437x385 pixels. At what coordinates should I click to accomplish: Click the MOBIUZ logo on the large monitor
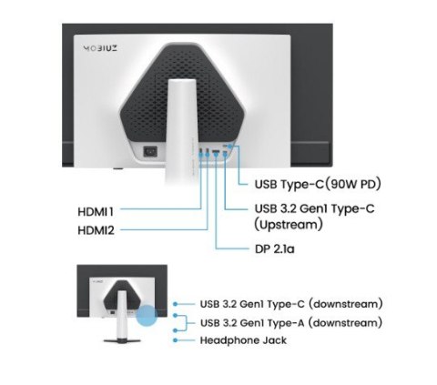(100, 48)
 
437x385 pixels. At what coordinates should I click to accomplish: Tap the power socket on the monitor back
(150, 151)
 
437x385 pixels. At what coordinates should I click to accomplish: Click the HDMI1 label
(96, 211)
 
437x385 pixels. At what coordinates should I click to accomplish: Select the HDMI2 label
(97, 230)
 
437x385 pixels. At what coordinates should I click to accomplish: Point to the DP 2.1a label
(275, 249)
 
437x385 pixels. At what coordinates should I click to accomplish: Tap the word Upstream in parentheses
(288, 225)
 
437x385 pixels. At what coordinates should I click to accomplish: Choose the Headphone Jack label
(243, 340)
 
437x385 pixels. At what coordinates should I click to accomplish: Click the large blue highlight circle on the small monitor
(147, 316)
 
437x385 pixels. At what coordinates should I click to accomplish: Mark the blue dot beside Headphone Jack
(175, 340)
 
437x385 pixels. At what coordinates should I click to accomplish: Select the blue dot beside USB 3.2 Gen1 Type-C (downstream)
(175, 304)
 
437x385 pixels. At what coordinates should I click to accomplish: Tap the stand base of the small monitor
(122, 340)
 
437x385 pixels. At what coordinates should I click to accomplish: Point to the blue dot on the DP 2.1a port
(216, 154)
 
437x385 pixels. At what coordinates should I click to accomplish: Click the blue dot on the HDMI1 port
(200, 154)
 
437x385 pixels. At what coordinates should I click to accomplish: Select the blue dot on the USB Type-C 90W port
(229, 147)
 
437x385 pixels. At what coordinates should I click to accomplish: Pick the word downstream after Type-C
(346, 304)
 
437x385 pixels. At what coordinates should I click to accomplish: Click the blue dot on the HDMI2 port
(208, 154)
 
